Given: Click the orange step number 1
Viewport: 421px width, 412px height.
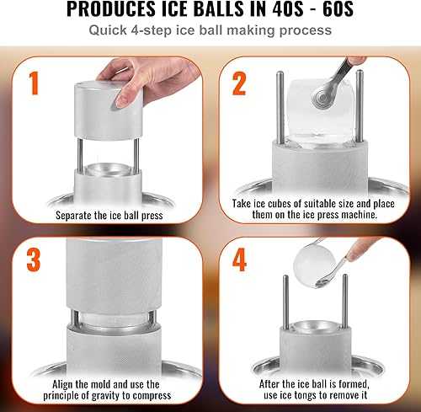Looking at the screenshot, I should tap(34, 84).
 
